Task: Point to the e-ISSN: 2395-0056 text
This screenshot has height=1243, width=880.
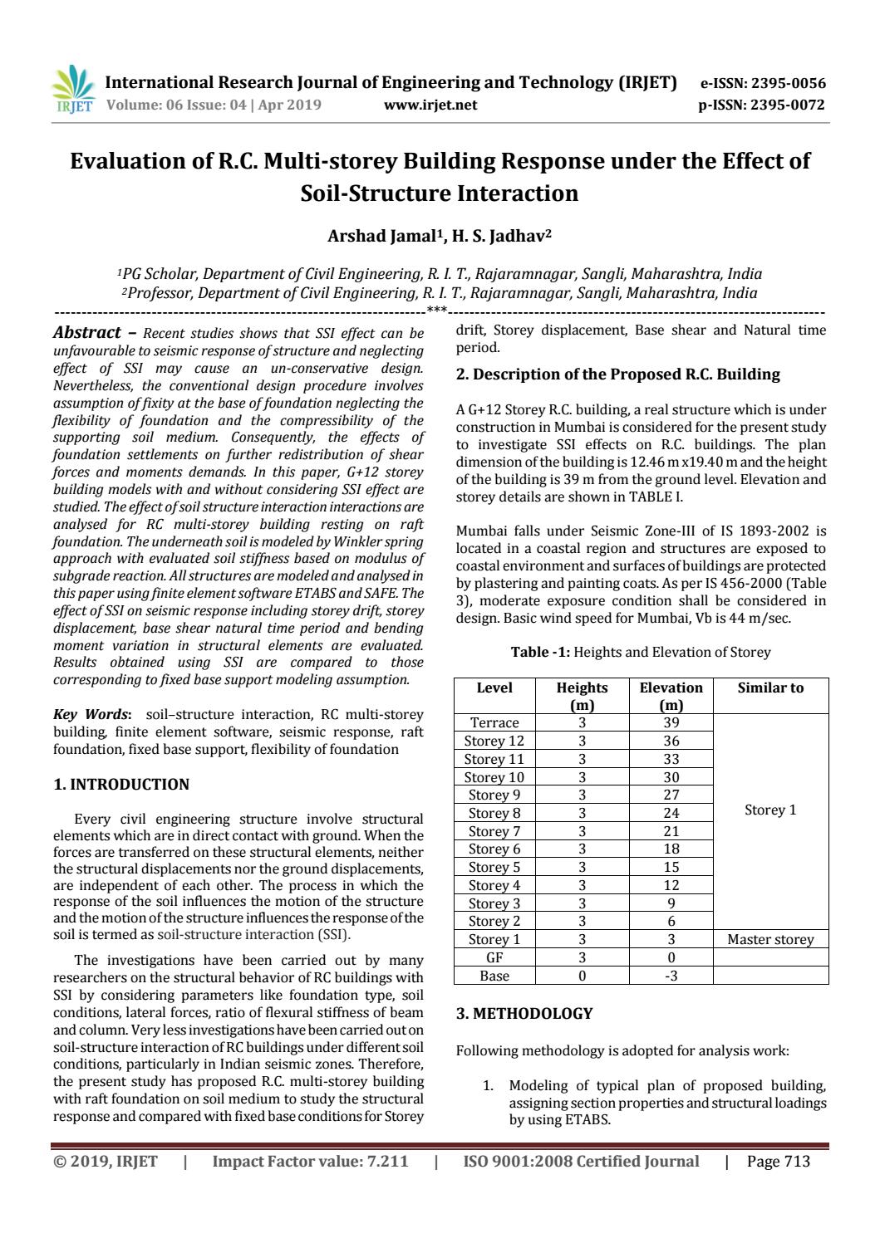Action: [x=763, y=83]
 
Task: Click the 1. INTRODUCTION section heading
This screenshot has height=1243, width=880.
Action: [x=121, y=784]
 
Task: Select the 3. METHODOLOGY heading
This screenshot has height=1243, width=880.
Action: [x=524, y=1013]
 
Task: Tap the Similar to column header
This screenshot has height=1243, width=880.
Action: [x=770, y=688]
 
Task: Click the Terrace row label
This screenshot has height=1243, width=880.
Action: [x=494, y=722]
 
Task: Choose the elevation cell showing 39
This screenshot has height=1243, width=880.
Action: [x=671, y=722]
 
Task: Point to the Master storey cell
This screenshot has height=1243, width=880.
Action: [x=770, y=939]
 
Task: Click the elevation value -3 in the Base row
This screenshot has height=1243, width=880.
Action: [x=671, y=976]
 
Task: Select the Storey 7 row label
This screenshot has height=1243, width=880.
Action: [x=494, y=831]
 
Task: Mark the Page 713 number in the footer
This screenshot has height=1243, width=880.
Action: [x=778, y=1161]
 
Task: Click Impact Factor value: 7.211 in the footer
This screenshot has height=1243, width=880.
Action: [x=311, y=1161]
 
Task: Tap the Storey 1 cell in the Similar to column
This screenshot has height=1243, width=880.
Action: [x=770, y=810]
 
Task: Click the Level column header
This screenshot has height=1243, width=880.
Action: [x=494, y=688]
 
